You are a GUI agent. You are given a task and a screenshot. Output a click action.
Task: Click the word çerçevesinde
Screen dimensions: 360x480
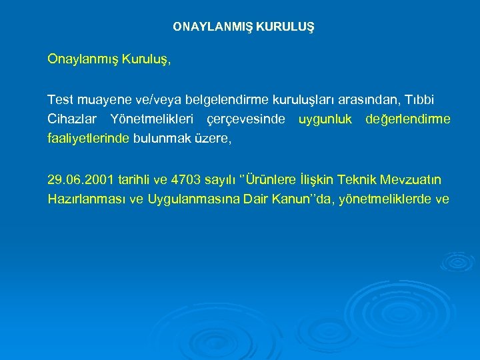pyautogui.click(x=246, y=119)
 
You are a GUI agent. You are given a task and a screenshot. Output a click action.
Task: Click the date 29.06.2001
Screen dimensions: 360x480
pyautogui.click(x=81, y=179)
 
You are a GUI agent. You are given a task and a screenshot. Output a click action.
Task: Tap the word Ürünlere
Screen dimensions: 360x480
pyautogui.click(x=274, y=179)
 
